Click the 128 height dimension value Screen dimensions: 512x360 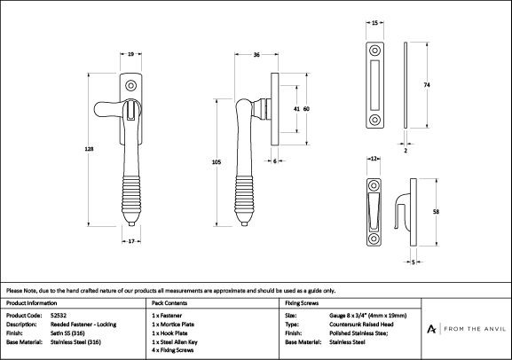click(89, 149)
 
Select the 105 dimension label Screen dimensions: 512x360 click(217, 162)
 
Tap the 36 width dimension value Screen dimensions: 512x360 click(256, 55)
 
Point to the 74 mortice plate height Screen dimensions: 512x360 click(427, 85)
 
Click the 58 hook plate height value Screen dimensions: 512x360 click(436, 212)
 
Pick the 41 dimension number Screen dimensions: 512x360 click(296, 109)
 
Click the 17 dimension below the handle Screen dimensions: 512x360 click(131, 241)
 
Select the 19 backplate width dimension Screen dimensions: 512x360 click(130, 54)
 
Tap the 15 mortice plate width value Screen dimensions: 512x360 click(374, 23)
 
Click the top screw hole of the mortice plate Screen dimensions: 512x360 click(374, 51)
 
